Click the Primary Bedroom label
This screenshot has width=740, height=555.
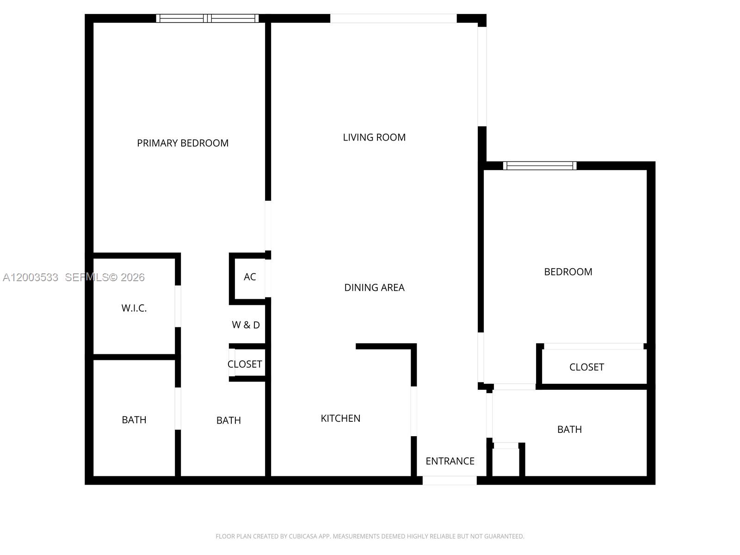tap(183, 143)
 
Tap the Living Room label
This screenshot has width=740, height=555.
tap(374, 137)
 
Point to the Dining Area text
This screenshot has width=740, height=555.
tap(374, 288)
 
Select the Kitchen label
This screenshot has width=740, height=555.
tap(340, 419)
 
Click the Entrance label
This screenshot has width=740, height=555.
tap(450, 461)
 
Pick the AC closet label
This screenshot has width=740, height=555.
tap(250, 277)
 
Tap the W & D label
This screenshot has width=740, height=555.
tap(246, 325)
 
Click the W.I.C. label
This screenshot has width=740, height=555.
tap(134, 308)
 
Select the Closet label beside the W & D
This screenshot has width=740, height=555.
tap(245, 364)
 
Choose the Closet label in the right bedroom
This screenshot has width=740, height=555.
tap(586, 367)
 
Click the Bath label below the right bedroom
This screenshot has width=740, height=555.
tap(569, 430)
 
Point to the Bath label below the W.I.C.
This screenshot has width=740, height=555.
tap(134, 420)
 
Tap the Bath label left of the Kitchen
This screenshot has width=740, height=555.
tap(228, 420)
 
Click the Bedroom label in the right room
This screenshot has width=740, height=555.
tap(568, 272)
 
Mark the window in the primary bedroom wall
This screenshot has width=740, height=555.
tap(207, 18)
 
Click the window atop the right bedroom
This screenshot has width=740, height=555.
tap(540, 166)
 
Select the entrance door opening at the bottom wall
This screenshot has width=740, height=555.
tap(450, 481)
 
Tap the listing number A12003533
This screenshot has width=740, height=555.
tap(31, 277)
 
